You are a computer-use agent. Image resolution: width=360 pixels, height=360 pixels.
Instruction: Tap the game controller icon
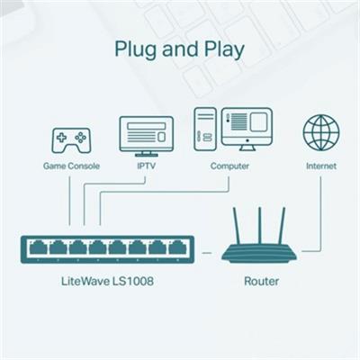pyautogui.click(x=70, y=139)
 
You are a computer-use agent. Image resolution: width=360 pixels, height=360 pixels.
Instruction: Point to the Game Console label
pyautogui.click(x=71, y=166)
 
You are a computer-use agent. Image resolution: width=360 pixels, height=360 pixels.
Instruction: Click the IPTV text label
pyautogui.click(x=146, y=166)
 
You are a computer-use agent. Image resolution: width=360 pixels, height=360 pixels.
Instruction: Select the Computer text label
pyautogui.click(x=229, y=166)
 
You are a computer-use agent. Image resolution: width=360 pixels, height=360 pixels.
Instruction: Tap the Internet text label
pyautogui.click(x=320, y=166)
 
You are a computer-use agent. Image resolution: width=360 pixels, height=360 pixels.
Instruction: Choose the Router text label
pyautogui.click(x=261, y=282)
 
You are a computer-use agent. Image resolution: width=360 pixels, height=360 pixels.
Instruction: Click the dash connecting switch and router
pyautogui.click(x=207, y=253)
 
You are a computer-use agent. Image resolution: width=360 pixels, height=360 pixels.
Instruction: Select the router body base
pyautogui.click(x=260, y=254)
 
